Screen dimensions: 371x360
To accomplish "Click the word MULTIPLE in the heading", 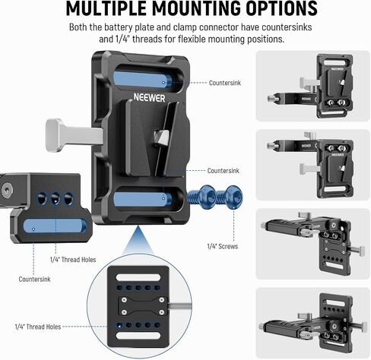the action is coord(106,8).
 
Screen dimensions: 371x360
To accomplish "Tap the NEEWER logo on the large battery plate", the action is coord(149,98).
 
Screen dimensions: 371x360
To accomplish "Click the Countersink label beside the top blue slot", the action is coord(225,83).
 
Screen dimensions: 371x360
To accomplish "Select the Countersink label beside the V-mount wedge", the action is coord(223,171).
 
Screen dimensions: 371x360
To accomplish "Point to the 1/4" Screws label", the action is coord(223,246).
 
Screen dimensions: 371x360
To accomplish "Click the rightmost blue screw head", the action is coord(233,197).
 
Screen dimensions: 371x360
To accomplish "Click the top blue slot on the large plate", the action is coord(142,79).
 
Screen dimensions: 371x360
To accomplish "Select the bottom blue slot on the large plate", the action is coord(142,199).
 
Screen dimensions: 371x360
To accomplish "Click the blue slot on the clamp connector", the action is coord(55,226).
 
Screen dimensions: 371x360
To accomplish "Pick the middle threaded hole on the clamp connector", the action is coord(55,198).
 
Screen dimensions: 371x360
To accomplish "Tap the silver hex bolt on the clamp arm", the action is coord(6,191).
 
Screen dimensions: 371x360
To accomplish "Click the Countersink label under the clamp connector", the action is coord(34,279).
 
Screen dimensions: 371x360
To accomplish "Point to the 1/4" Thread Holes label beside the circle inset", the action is coord(38,327).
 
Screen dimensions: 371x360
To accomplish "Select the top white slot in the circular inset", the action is coord(138,277).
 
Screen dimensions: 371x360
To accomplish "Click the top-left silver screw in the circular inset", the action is coord(124,300).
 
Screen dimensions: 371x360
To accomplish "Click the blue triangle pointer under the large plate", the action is coord(138,240).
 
